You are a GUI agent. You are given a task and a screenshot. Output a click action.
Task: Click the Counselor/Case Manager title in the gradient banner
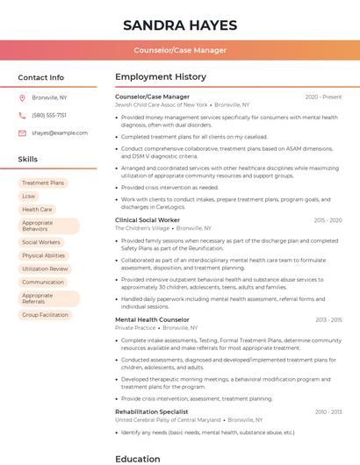point(179,50)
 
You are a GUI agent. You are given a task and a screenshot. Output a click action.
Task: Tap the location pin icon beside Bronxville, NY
point(22,97)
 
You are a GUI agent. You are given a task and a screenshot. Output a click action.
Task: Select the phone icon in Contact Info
point(22,115)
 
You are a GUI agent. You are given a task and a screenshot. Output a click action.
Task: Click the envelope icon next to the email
point(22,132)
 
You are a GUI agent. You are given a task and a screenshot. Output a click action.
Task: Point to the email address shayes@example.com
point(60,132)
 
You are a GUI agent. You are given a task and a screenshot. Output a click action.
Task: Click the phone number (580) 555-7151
point(49,115)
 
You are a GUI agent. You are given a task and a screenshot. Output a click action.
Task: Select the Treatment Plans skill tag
point(43,182)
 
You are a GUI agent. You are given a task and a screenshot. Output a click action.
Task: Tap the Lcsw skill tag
point(29,196)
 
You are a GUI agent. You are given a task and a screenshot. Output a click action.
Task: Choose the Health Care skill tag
point(37,210)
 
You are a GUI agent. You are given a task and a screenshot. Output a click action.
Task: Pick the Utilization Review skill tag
point(45,268)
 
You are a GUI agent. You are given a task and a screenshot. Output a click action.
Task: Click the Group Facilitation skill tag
point(45,314)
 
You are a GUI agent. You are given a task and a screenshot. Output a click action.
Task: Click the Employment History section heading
point(161,77)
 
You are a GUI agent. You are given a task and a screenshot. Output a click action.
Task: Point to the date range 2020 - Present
point(323,97)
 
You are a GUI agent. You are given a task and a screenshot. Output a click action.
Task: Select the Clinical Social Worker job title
point(148,220)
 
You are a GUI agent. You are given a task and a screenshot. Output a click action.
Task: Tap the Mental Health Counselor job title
point(152,319)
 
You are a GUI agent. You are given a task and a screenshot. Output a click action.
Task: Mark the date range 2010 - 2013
point(328,411)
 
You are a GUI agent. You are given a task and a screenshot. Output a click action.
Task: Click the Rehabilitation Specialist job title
point(152,411)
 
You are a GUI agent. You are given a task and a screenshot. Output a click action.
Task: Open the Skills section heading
point(28,160)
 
